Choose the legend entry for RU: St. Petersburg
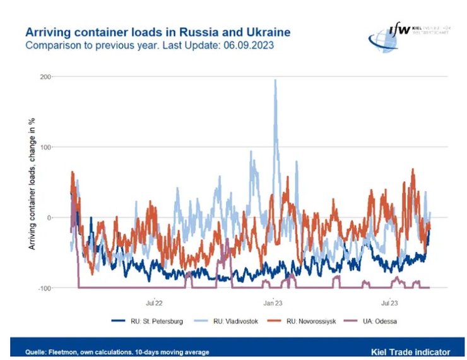tap(147, 321)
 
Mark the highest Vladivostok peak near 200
tap(275, 81)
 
